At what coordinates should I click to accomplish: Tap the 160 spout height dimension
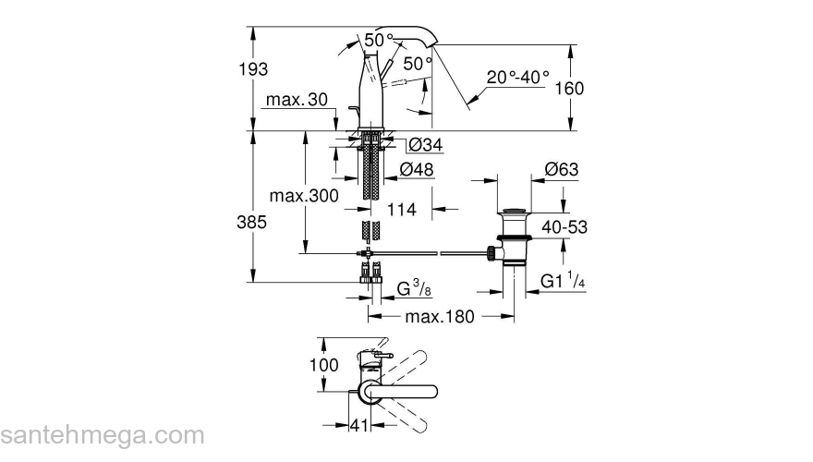[x=596, y=88]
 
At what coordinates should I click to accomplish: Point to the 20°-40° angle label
[x=518, y=78]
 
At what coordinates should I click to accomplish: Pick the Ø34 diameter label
[x=423, y=145]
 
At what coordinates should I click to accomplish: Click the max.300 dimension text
[x=303, y=196]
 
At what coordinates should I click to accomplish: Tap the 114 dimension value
[x=401, y=210]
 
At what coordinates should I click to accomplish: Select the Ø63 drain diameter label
[x=562, y=169]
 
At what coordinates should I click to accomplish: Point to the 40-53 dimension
[x=590, y=226]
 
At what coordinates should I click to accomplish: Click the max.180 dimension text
[x=439, y=317]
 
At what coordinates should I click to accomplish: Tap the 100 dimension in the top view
[x=324, y=364]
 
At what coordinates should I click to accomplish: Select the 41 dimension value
[x=359, y=428]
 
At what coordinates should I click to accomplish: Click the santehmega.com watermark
[x=102, y=434]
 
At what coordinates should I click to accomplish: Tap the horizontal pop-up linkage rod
[x=434, y=251]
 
